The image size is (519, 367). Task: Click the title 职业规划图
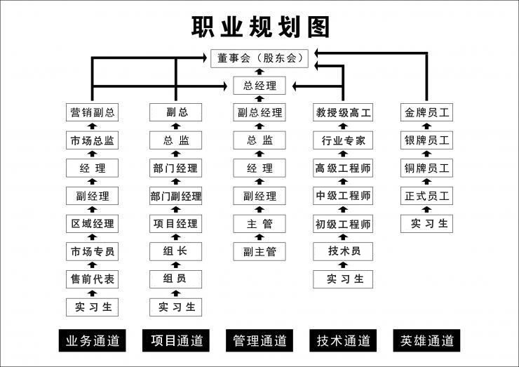click(x=260, y=27)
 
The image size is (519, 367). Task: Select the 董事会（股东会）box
click(x=259, y=58)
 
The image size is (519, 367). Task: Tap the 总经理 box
click(x=259, y=86)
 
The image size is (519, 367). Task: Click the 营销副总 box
click(x=92, y=112)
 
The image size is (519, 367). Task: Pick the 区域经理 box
click(x=92, y=224)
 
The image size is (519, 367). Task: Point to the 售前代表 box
click(x=92, y=279)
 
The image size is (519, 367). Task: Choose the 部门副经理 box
click(x=176, y=196)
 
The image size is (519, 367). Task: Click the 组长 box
click(x=176, y=251)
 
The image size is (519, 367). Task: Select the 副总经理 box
click(x=259, y=112)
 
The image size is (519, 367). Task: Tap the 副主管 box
click(x=259, y=251)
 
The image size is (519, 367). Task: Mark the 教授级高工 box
click(x=343, y=112)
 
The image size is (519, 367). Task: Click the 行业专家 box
click(x=343, y=140)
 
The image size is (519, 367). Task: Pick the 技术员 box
click(x=343, y=251)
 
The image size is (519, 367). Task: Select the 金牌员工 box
click(x=426, y=112)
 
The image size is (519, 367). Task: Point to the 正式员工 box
click(x=426, y=196)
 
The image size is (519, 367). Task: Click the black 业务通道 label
click(x=93, y=340)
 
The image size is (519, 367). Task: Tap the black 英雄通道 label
click(x=426, y=340)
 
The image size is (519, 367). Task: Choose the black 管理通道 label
click(x=259, y=340)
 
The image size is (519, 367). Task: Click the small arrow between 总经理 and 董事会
click(x=259, y=72)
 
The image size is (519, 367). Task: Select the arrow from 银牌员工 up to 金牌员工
click(x=426, y=126)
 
